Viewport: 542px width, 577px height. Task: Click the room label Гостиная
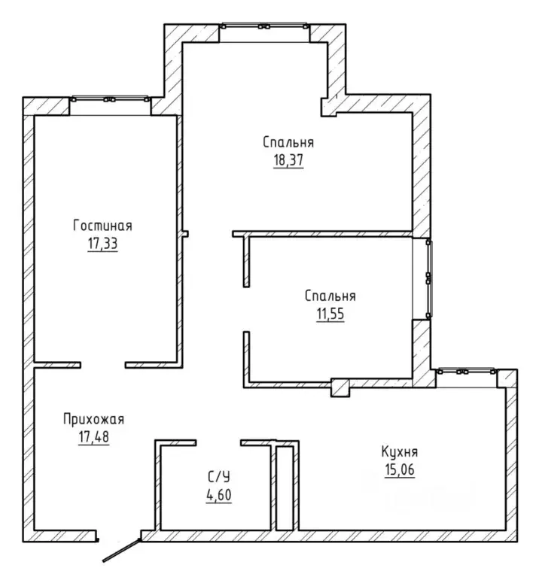[x=102, y=225]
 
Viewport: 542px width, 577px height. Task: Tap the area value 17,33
[x=102, y=244]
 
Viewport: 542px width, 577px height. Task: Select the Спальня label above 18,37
[x=288, y=142]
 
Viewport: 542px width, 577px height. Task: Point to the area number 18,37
[x=288, y=160]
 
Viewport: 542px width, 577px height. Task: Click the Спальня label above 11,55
[x=330, y=296]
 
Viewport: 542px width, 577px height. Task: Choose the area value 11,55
[x=330, y=314]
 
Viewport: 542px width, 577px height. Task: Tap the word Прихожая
[x=93, y=419]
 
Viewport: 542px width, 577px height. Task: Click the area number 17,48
[x=93, y=437]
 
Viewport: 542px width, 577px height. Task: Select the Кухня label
[x=400, y=451]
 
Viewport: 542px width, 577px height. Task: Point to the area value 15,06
[x=400, y=469]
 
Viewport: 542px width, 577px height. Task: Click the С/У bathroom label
[x=219, y=477]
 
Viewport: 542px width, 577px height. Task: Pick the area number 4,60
[x=219, y=495]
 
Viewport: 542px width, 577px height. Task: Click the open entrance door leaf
[x=122, y=551]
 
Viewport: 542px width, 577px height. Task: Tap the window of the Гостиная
[x=110, y=99]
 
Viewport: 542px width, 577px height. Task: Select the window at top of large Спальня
[x=264, y=26]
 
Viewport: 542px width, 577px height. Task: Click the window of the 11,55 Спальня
[x=428, y=278]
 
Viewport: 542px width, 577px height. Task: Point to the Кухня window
[x=466, y=372]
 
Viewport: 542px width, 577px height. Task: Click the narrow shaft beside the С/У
[x=285, y=488]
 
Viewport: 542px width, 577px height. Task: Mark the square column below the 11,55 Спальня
[x=340, y=387]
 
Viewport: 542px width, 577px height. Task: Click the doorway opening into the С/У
[x=218, y=442]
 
